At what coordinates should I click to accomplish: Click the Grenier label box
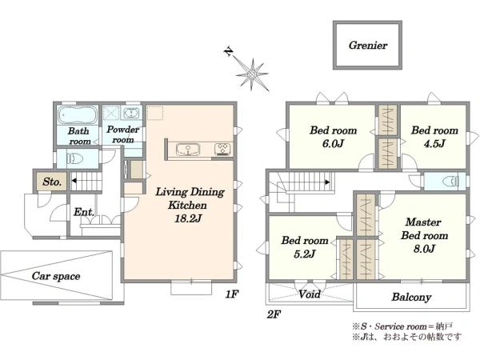tap(367, 46)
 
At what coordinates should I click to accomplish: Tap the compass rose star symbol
tap(253, 74)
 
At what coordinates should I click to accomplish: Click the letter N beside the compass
tap(228, 52)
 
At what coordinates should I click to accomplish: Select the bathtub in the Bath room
tap(78, 114)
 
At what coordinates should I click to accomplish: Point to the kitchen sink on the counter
tap(188, 150)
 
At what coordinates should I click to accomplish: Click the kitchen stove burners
tap(223, 149)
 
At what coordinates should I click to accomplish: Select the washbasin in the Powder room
tap(131, 114)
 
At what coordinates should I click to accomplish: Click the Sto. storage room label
tap(52, 182)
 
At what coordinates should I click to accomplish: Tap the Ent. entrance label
tap(83, 212)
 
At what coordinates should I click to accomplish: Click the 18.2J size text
tap(188, 218)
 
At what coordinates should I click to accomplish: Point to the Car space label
tap(56, 276)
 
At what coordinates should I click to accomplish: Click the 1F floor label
tap(231, 294)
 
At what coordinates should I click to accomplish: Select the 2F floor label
tap(274, 314)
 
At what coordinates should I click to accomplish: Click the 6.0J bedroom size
tap(333, 143)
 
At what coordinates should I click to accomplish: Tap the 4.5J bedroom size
tap(434, 143)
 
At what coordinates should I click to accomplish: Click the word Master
tap(423, 222)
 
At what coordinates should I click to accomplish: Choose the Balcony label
tap(411, 297)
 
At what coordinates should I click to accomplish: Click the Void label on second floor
tap(310, 294)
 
